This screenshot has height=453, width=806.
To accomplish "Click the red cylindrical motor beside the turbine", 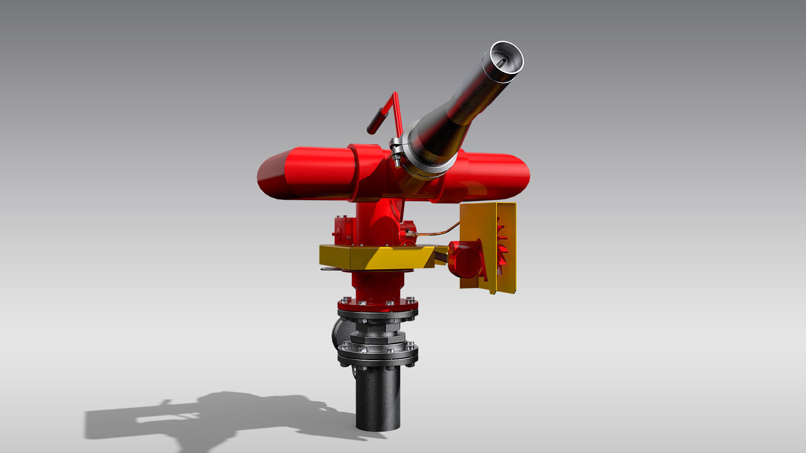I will point(464,259).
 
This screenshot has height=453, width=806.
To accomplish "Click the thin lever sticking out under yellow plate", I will point(332,269).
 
